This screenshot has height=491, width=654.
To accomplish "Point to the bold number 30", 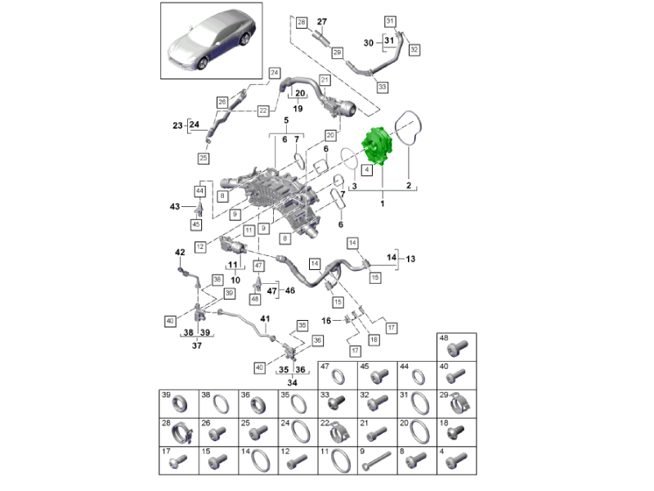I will [x=368, y=43].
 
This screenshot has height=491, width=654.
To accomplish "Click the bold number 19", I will [x=298, y=107].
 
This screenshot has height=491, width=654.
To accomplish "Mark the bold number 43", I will [x=175, y=206].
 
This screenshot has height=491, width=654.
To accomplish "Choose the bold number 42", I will [x=180, y=253].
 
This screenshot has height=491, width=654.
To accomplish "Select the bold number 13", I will [x=410, y=259].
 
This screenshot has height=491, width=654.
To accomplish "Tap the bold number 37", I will [x=196, y=345].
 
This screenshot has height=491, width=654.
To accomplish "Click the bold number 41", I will [x=264, y=318].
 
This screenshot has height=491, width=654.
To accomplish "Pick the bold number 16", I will [x=325, y=321].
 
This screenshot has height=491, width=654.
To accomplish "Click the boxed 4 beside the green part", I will [x=368, y=170].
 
